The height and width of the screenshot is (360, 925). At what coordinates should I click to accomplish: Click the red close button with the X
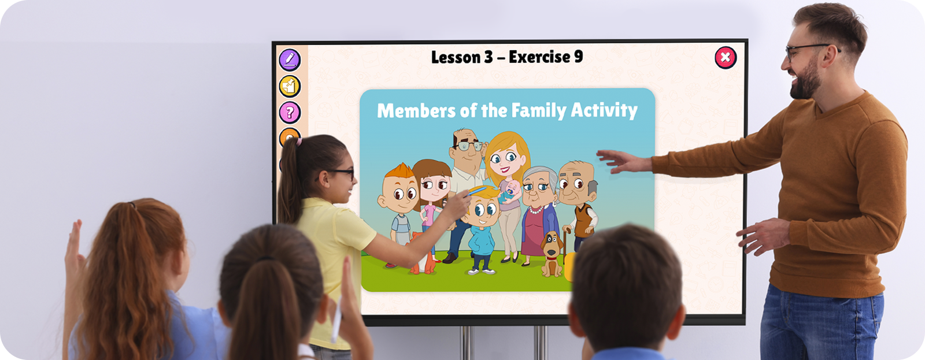tap(726, 57)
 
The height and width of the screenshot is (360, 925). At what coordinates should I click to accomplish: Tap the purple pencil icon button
tap(290, 60)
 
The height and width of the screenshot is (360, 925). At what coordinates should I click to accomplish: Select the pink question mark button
tap(290, 112)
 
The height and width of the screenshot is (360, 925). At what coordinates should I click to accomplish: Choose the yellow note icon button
tap(290, 86)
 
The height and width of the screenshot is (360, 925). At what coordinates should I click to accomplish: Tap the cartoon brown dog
tap(552, 254)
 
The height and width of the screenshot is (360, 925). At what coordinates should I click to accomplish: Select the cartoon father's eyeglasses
tap(469, 146)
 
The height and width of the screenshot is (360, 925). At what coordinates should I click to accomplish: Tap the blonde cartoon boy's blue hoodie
tap(482, 240)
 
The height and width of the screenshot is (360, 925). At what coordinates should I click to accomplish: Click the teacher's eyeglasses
tap(810, 50)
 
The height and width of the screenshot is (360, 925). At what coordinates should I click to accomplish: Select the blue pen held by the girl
tap(478, 191)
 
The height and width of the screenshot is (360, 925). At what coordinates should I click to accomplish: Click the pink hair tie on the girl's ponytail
tap(298, 142)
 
